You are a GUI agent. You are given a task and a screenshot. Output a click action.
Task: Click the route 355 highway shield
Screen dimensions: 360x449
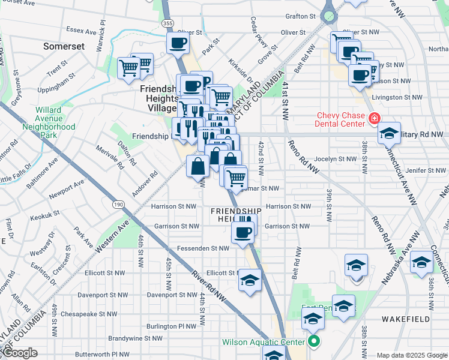[x=167, y=23]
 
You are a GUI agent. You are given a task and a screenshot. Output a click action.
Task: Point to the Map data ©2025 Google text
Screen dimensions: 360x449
[x=411, y=355]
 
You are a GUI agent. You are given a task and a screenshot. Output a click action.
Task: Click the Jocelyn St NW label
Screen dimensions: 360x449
[x=340, y=159]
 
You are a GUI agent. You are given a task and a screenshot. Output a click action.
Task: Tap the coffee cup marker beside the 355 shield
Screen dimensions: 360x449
[x=178, y=43]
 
